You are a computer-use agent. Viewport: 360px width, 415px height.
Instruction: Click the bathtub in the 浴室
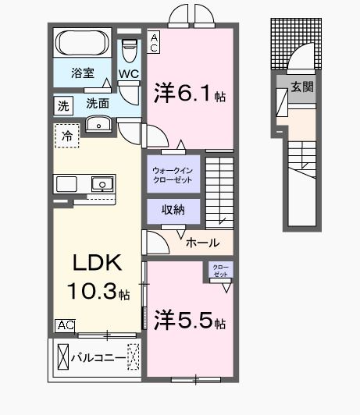[x=84, y=44]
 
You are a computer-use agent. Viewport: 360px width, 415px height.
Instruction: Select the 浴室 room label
[x=83, y=74]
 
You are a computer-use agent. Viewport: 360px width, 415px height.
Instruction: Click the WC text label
[x=129, y=75]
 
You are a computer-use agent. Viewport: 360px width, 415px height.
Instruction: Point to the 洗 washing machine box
[x=62, y=103]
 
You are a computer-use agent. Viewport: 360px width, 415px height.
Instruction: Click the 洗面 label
[x=97, y=103]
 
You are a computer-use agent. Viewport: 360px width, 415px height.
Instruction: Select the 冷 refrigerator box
[x=66, y=136]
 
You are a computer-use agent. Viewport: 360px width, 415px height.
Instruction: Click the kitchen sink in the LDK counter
[x=100, y=184]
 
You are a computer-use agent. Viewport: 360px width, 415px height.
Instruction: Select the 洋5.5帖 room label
[x=191, y=320]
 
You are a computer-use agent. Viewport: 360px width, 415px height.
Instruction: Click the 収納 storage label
[x=173, y=211]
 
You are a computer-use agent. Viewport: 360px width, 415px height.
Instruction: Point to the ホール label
[x=202, y=243]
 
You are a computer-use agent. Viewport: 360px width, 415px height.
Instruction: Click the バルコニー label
[x=98, y=359]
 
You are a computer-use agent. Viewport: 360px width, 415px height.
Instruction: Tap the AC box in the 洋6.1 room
[x=155, y=41]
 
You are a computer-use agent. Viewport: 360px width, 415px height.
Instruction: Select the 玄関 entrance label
[x=302, y=87]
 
